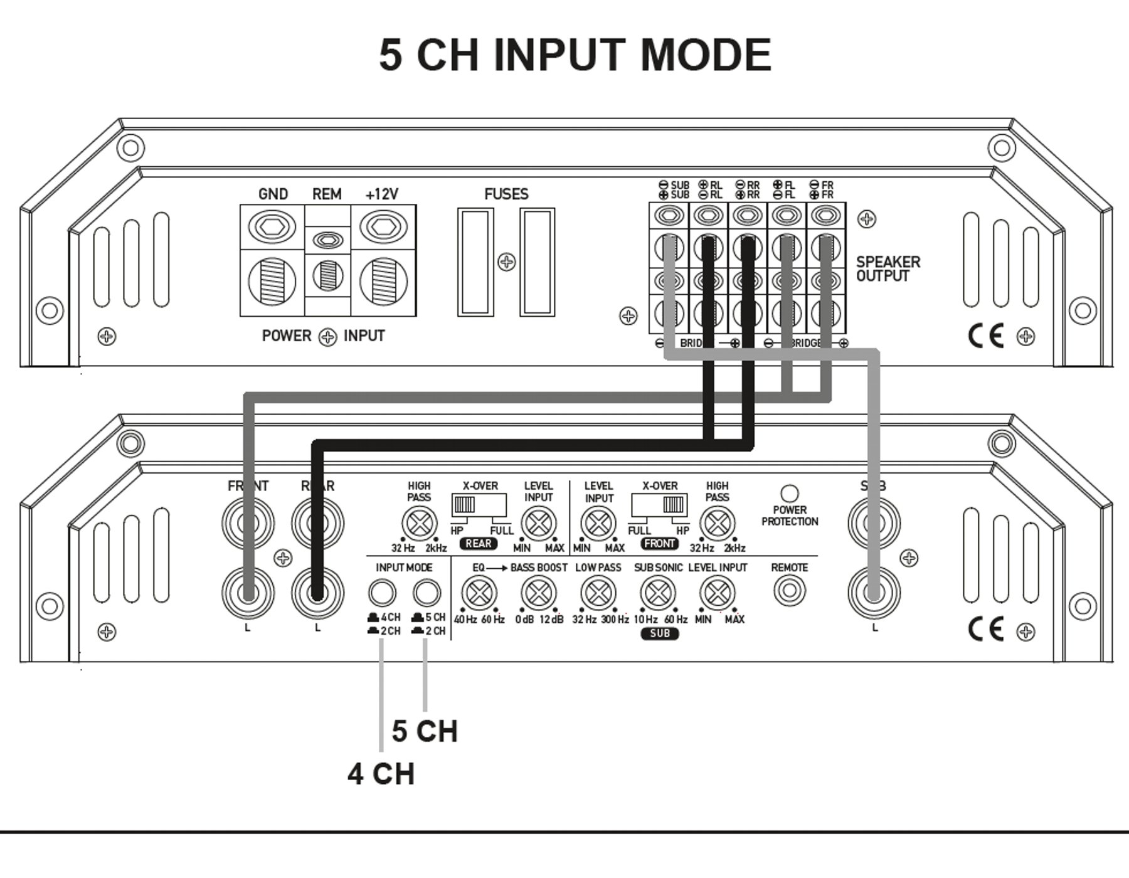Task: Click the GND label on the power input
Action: pyautogui.click(x=273, y=194)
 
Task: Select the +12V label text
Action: pyautogui.click(x=381, y=194)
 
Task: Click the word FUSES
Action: pyautogui.click(x=506, y=194)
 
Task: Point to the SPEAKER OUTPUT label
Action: pyautogui.click(x=888, y=269)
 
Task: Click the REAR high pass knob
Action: pyautogui.click(x=419, y=523)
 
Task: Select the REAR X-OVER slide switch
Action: pyautogui.click(x=478, y=504)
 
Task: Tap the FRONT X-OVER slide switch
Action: pyautogui.click(x=660, y=504)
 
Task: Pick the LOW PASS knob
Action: pyautogui.click(x=598, y=593)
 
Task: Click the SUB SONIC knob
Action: pyautogui.click(x=657, y=593)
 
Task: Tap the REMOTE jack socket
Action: pyautogui.click(x=789, y=591)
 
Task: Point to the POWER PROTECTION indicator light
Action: pyautogui.click(x=790, y=493)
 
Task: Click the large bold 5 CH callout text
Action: pyautogui.click(x=425, y=731)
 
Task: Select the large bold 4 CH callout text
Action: pyautogui.click(x=381, y=774)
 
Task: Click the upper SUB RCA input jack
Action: pyautogui.click(x=874, y=523)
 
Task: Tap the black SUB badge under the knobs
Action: pyautogui.click(x=660, y=633)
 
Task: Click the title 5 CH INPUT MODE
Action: pyautogui.click(x=575, y=55)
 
